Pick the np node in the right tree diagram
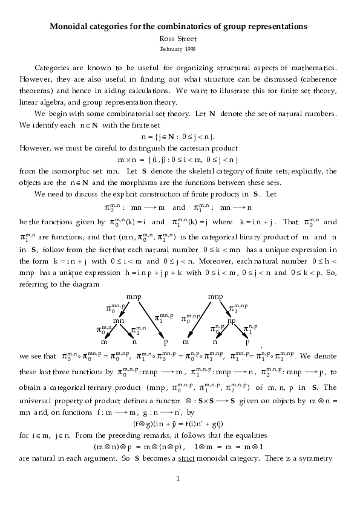click(x=231, y=320)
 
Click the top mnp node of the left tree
click(x=134, y=297)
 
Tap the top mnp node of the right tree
click(x=216, y=297)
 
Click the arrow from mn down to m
click(x=109, y=332)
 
